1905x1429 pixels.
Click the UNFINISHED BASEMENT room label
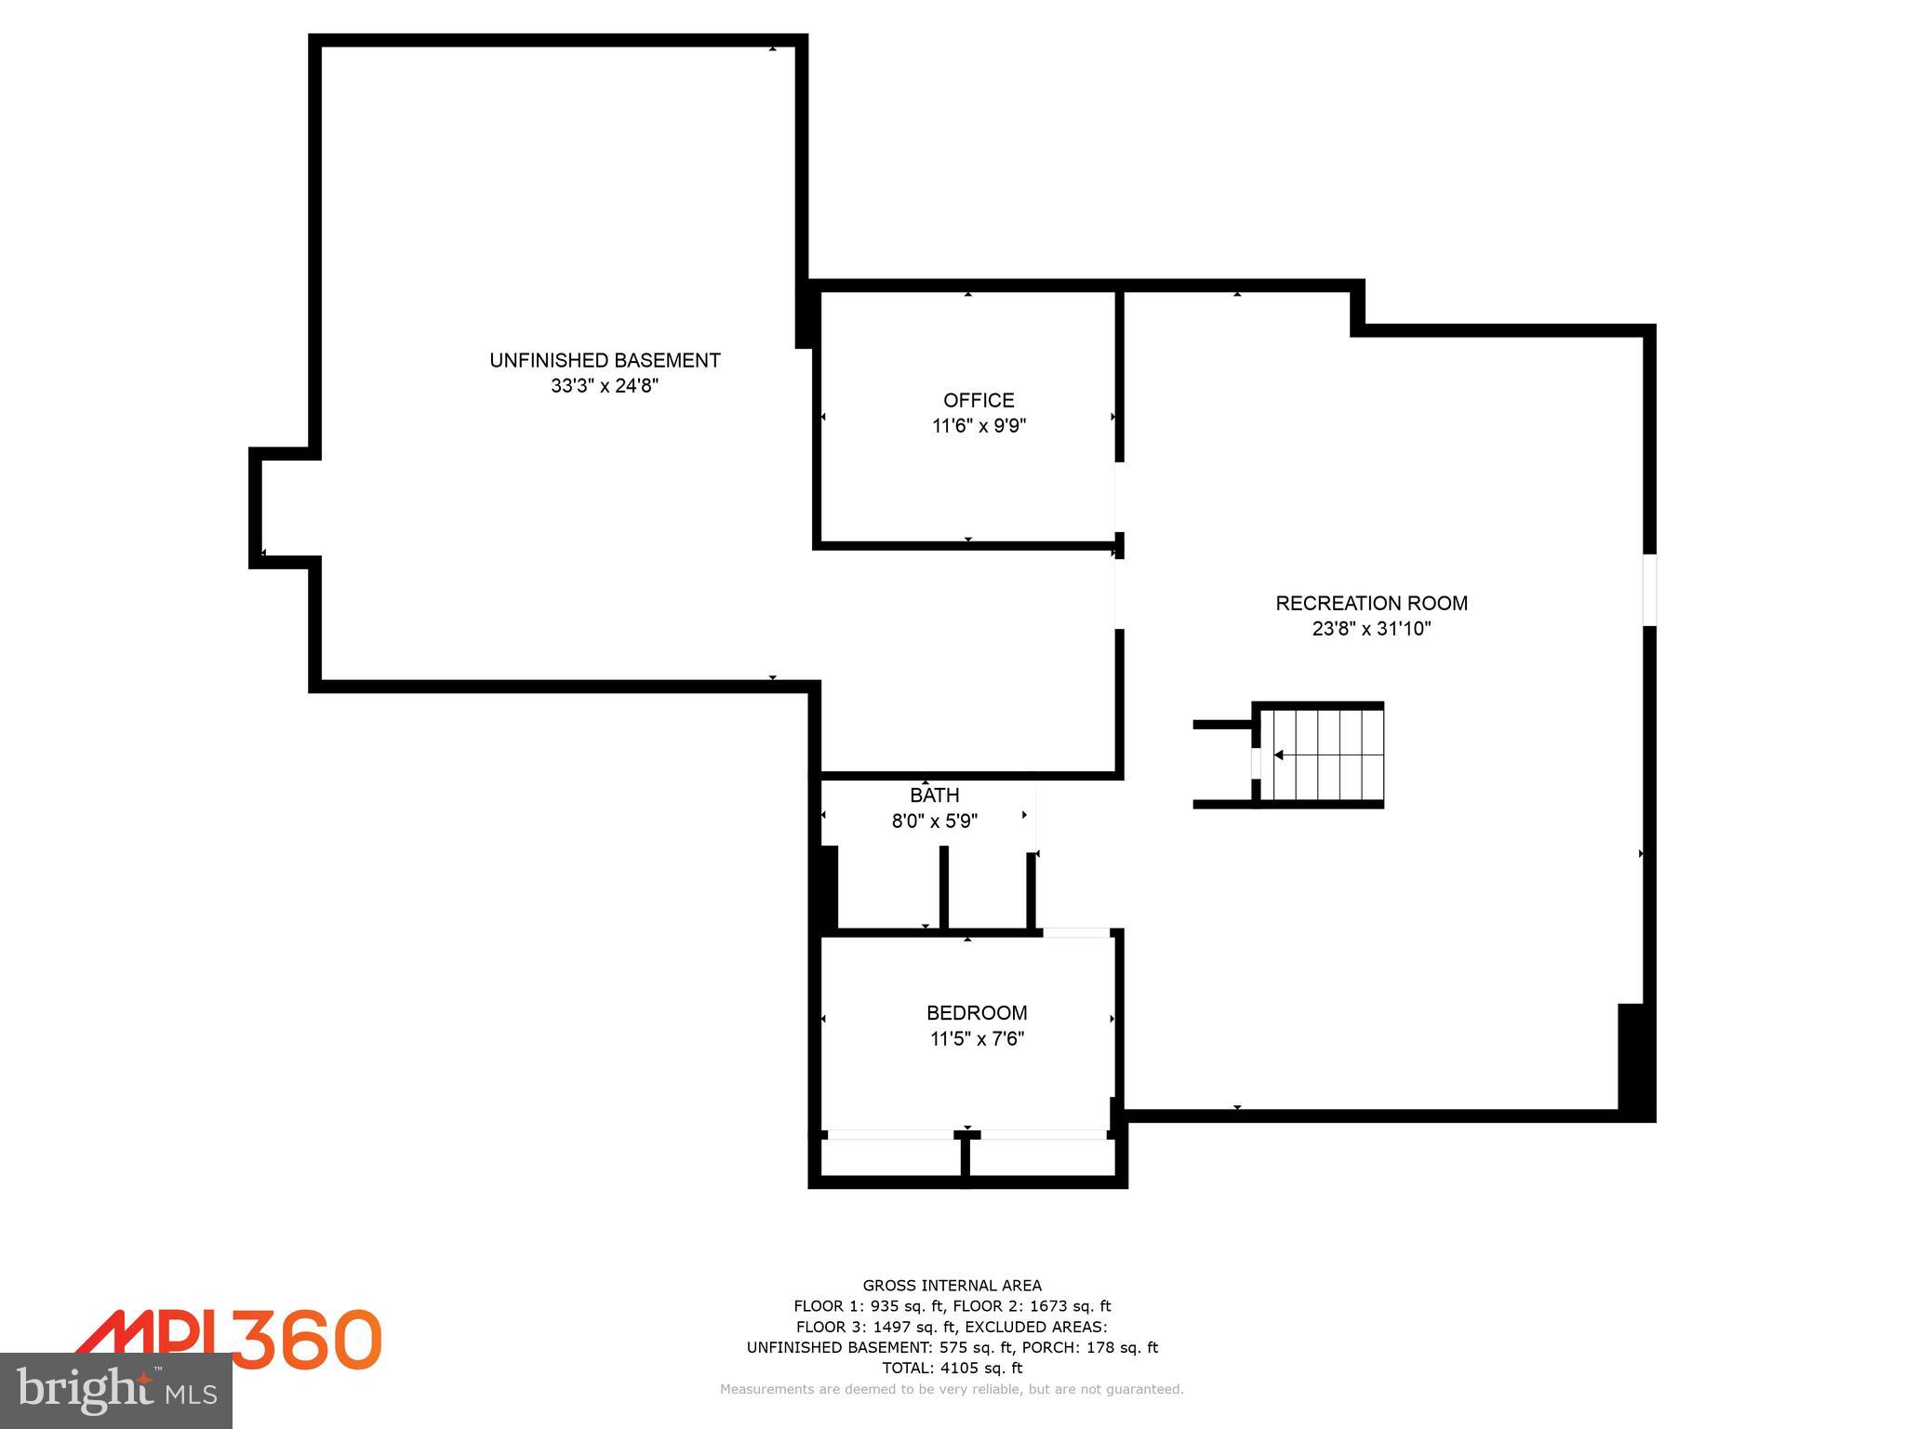click(x=605, y=360)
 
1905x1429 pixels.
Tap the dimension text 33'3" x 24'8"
click(x=605, y=386)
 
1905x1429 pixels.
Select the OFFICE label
click(x=979, y=400)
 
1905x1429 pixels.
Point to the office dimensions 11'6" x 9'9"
click(x=979, y=426)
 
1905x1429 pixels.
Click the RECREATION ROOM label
click(x=1371, y=603)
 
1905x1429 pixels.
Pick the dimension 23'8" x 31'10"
click(x=1371, y=629)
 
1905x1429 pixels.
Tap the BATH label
click(x=934, y=795)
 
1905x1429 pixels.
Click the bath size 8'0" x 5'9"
click(x=934, y=821)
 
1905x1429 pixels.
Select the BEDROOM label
click(x=977, y=1012)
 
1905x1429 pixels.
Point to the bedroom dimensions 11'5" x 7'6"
click(x=977, y=1038)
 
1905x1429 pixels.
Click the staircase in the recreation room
click(x=1321, y=755)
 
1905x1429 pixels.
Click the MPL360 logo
click(x=229, y=1340)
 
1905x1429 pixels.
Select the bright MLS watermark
click(x=115, y=1391)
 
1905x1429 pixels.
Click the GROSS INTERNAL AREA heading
click(x=952, y=1286)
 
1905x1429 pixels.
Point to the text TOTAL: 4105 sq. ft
click(x=952, y=1368)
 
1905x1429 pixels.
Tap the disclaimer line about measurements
click(x=952, y=1389)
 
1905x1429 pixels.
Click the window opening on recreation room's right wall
click(x=1649, y=590)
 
